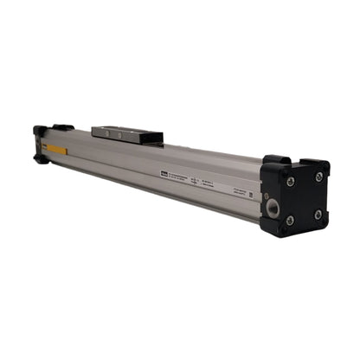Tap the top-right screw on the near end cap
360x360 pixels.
319,177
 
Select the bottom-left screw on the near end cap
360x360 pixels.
289,221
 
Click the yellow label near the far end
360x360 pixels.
55,151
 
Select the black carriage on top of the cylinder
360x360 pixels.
128,134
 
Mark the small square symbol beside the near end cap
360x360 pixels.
252,195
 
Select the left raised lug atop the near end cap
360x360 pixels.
275,161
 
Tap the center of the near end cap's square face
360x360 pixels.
304,198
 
